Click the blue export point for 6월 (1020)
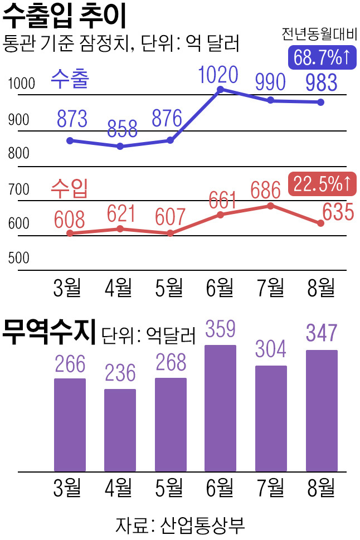point(221,90)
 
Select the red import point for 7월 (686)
point(271,206)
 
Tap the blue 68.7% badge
point(322,57)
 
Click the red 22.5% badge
point(322,183)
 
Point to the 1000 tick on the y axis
point(21,84)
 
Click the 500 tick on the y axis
point(18,258)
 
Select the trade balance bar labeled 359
point(221,408)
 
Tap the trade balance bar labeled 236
point(120,430)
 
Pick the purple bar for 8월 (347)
point(322,411)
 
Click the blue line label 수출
point(70,79)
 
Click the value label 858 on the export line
point(122,129)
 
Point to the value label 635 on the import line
point(338,212)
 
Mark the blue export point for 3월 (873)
point(70,140)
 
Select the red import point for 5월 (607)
point(170,233)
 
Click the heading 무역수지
point(49,332)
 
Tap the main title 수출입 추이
point(65,16)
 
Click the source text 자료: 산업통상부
point(180,526)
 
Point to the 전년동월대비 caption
point(319,34)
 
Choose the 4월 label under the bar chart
point(119,488)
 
